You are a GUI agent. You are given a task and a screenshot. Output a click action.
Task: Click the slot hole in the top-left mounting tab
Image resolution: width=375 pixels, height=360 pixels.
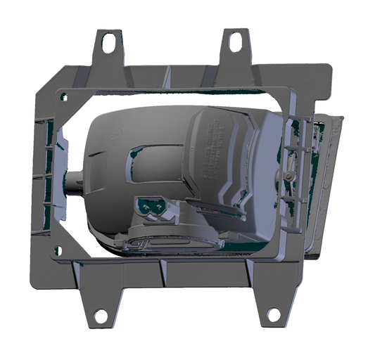click(x=109, y=43)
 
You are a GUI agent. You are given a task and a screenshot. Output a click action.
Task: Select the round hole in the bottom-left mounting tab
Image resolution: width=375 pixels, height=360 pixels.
click(x=100, y=316)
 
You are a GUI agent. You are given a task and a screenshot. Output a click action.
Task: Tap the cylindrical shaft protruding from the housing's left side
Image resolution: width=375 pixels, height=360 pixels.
click(x=74, y=184)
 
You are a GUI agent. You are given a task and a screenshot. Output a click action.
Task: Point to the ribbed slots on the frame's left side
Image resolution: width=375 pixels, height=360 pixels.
click(x=46, y=176)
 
